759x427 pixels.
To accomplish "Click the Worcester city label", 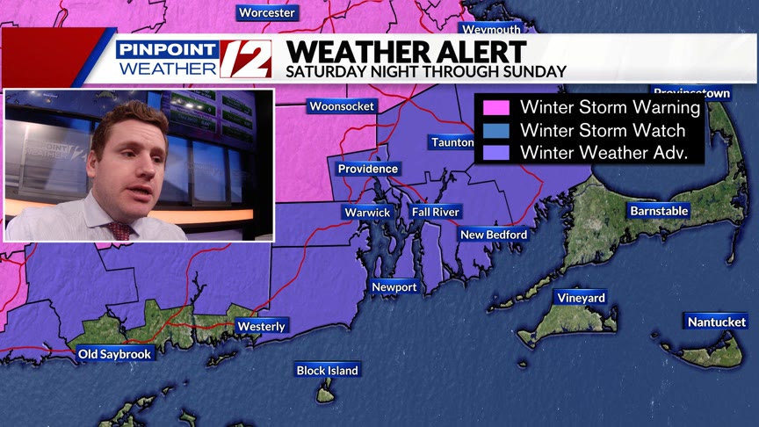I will click(267, 12).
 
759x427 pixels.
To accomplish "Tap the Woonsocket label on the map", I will click(342, 106).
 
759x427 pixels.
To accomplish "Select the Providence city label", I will click(368, 169).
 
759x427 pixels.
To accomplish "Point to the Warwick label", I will click(366, 213).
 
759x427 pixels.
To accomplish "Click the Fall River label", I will click(436, 212).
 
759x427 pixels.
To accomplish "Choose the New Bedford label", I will click(494, 235).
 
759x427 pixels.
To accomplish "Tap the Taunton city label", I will click(452, 142).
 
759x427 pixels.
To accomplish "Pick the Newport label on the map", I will click(394, 287).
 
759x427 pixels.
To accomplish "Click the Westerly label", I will click(262, 327).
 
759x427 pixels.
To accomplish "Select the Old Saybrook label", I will click(115, 354).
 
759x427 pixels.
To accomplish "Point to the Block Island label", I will click(327, 371).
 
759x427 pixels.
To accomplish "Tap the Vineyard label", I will click(582, 298).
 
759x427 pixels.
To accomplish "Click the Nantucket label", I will click(717, 322).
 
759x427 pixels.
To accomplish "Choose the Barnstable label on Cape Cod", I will click(659, 211).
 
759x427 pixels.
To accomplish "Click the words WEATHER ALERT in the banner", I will click(406, 51).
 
